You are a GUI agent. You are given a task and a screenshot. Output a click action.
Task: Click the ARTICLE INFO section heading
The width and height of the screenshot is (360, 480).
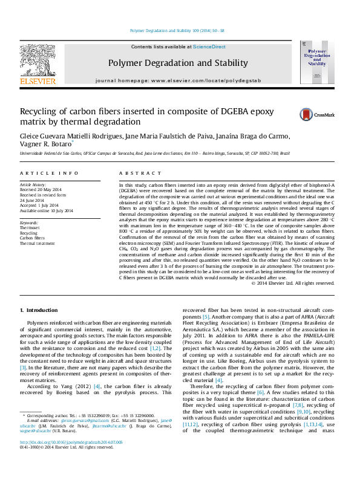[50, 173]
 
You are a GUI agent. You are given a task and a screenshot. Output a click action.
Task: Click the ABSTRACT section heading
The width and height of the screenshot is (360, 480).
[137, 173]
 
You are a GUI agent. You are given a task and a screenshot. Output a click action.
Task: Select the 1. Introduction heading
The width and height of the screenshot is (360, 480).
[40, 310]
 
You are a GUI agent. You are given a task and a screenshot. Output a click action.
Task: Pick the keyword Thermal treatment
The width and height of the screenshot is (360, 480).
[38, 244]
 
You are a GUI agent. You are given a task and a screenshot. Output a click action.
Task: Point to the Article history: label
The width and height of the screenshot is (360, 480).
[33, 184]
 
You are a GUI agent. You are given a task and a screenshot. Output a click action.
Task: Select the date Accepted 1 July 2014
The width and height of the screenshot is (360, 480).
[42, 205]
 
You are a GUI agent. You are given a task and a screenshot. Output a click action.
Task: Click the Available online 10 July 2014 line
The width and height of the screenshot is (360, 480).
[47, 210]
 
